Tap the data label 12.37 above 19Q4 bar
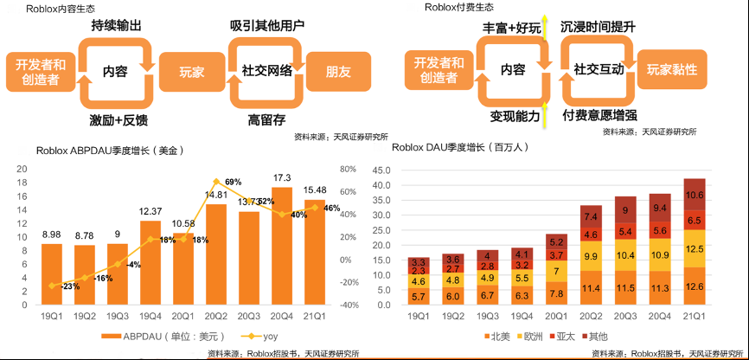click(x=150, y=211)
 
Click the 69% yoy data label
click(x=233, y=182)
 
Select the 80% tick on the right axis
click(x=349, y=169)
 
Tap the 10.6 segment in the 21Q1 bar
click(x=695, y=195)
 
